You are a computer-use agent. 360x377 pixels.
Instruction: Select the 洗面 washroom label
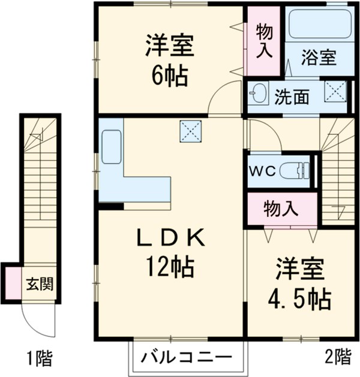coord(292,96)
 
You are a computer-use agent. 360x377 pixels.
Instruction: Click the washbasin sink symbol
coord(259,94)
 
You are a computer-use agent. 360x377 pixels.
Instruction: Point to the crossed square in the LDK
coord(190,131)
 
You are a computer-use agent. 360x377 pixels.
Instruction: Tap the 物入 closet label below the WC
coord(281,209)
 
